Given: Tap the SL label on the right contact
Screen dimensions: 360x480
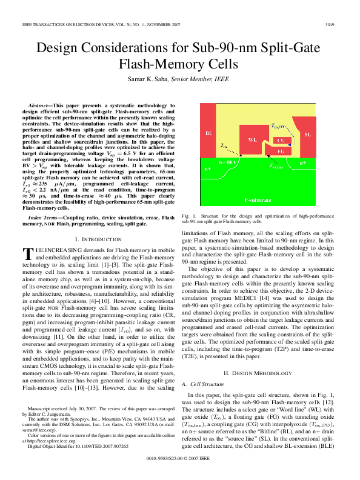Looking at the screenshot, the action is (325, 134).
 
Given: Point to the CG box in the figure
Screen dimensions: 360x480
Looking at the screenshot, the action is (281, 140).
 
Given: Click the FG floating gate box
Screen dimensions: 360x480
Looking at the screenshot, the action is (281, 150).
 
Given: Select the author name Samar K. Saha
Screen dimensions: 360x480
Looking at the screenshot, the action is (145, 79).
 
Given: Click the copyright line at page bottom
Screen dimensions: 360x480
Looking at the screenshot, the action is (179, 459).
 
